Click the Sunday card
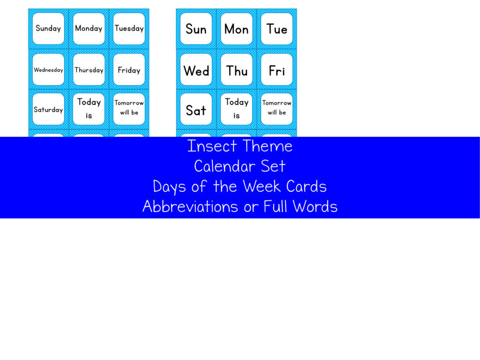click(x=48, y=29)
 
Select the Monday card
click(x=89, y=29)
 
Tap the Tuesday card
click(x=129, y=29)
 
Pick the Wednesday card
click(x=48, y=70)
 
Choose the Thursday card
click(x=89, y=70)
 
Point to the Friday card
click(x=129, y=70)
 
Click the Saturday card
click(x=48, y=110)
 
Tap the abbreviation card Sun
click(x=196, y=29)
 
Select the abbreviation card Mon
click(x=236, y=29)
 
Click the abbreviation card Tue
click(x=277, y=29)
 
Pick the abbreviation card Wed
click(x=196, y=70)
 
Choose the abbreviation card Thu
click(x=236, y=70)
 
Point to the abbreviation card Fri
click(x=277, y=70)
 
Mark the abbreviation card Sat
click(x=196, y=110)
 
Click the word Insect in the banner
click(x=212, y=146)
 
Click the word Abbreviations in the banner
click(x=190, y=207)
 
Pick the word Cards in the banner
click(x=307, y=187)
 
